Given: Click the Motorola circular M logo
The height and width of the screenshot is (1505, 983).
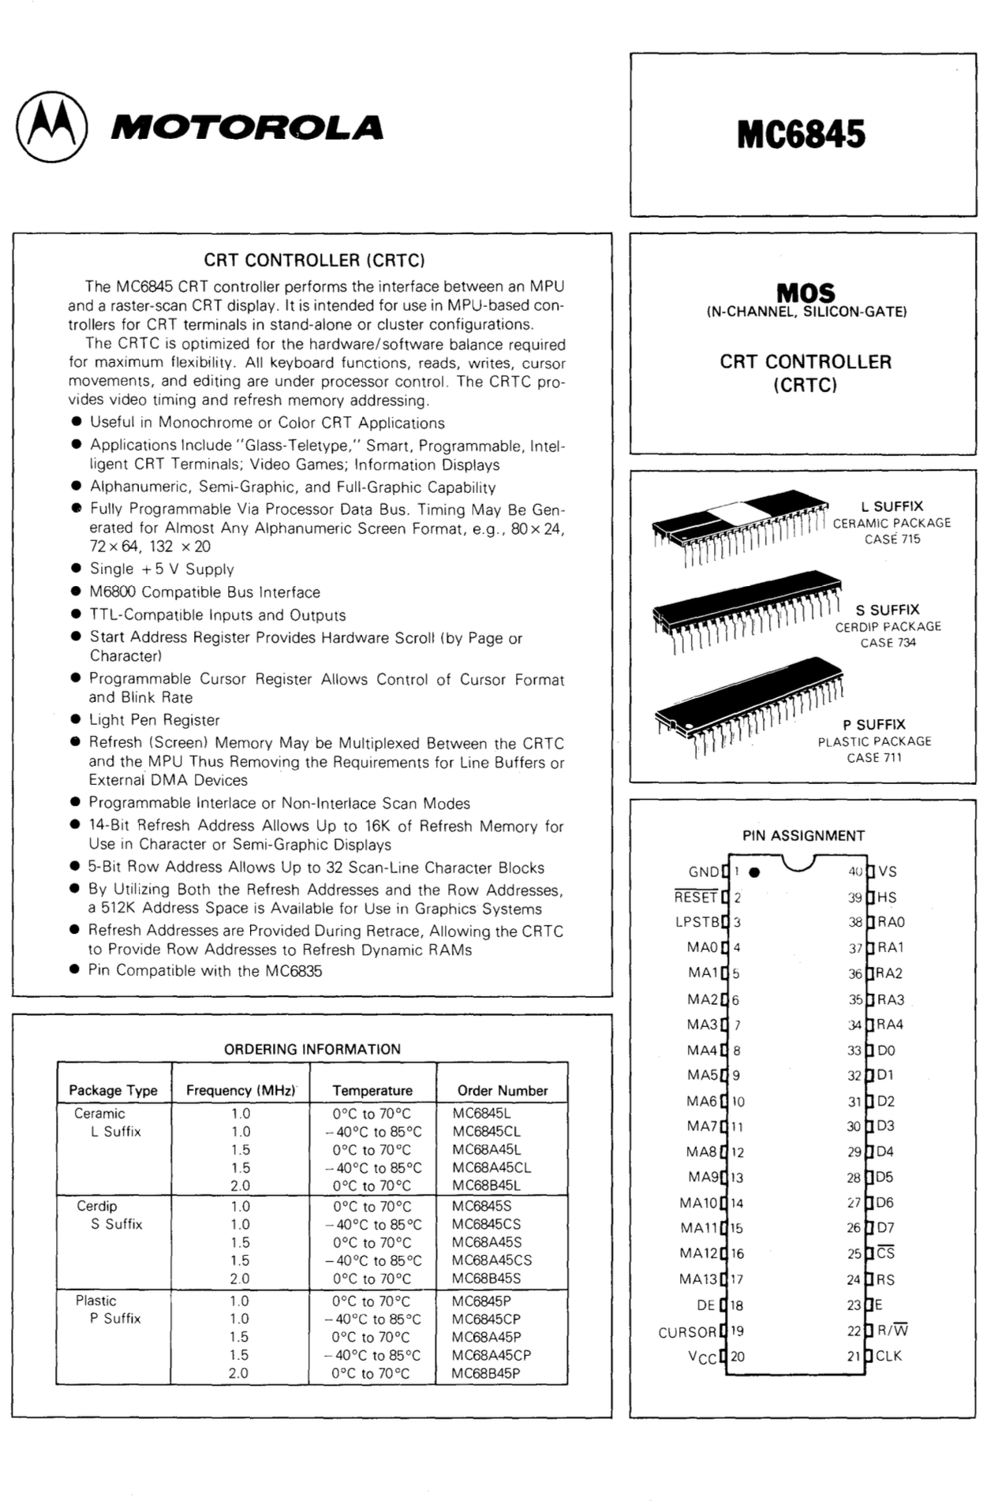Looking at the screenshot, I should pos(52,128).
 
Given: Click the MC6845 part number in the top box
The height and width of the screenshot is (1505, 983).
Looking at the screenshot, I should pos(801,134).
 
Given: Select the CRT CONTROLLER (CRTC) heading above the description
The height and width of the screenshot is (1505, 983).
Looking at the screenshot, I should pos(314,260).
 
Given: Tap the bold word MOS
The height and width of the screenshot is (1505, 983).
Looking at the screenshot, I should pos(805,293).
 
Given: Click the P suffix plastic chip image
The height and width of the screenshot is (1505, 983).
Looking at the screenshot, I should pos(748,704).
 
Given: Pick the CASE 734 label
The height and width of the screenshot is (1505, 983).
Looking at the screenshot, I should pos(888,643).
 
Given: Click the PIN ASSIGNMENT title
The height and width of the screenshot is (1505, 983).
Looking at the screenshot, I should pos(803,835).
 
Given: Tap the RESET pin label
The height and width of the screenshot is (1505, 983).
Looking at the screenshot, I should pos(695,897).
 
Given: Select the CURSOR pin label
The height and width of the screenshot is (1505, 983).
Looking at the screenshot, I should pos(687,1332).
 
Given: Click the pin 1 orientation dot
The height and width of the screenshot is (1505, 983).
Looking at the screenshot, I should pos(754,872).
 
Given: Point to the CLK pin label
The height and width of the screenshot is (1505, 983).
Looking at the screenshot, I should pos(888,1356).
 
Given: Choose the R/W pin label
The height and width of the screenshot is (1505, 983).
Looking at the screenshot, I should pos(892,1331).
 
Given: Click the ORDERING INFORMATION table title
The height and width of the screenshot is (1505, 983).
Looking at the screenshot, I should pos(312,1049).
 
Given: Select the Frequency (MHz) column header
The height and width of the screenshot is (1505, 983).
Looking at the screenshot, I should pos(241,1090).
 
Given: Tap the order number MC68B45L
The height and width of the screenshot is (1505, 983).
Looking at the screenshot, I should pos(486,1186).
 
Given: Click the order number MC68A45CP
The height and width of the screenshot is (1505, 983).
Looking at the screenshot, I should pos(491,1355).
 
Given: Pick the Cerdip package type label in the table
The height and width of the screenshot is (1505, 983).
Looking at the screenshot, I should pos(97,1206).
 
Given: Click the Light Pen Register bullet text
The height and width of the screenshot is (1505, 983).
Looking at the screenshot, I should pos(154,720).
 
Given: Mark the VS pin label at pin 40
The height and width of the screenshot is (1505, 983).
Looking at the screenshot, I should pos(888,872).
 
